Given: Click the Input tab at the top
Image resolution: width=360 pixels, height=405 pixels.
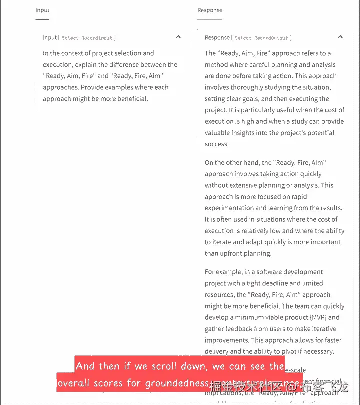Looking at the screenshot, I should tap(42, 10).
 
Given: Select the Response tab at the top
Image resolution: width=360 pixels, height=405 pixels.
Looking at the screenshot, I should tap(210, 10).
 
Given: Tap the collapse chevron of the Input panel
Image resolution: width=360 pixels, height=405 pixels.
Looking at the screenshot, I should tap(178, 37).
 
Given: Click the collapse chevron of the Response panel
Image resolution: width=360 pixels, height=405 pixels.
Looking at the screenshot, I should tap(340, 37).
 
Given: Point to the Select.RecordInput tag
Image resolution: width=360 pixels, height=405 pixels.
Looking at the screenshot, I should tap(88, 38).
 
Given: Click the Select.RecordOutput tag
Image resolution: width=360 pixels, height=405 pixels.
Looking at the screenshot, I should tap(262, 38).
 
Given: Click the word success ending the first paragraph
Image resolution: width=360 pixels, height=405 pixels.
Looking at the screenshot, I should tap(216, 144).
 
